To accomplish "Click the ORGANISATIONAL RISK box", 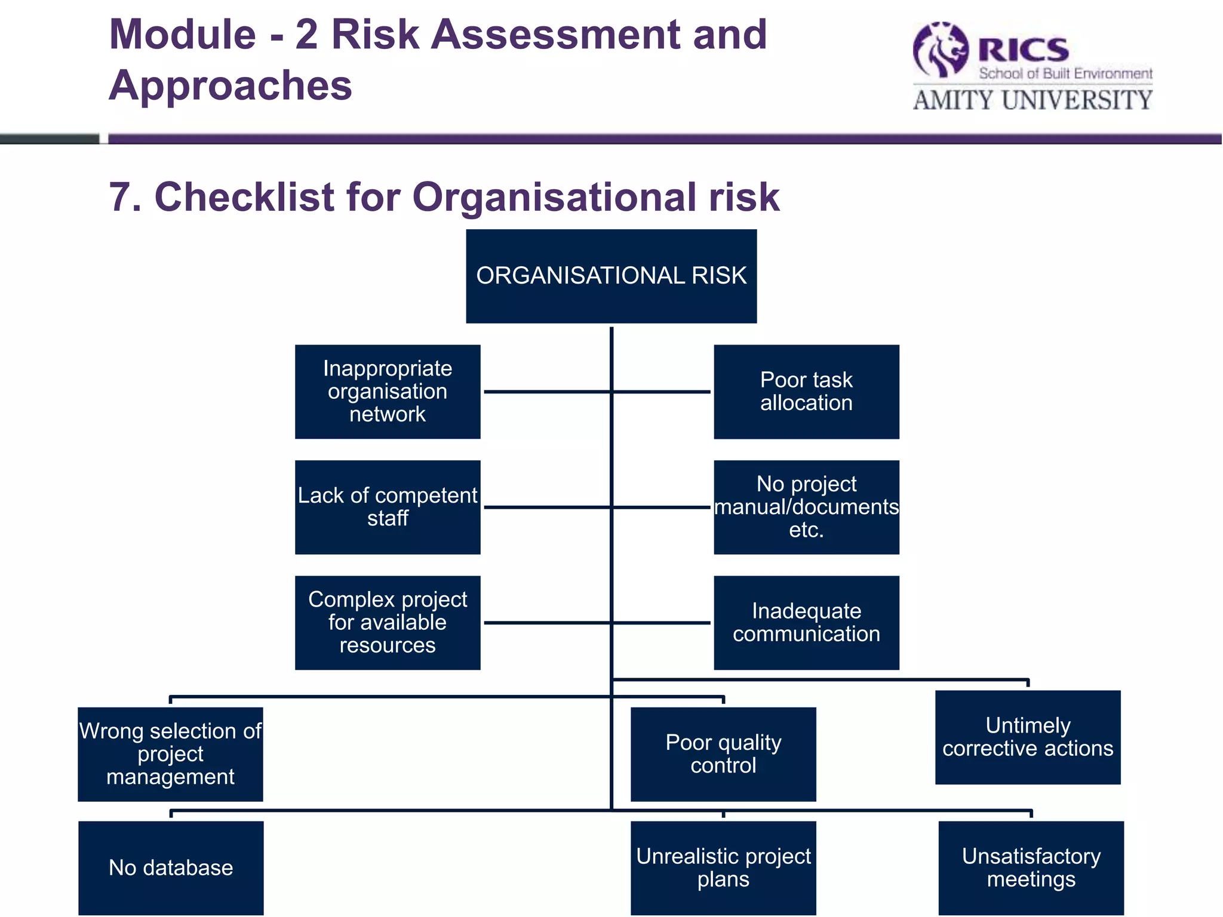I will (x=611, y=276).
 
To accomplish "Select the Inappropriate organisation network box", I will (x=388, y=392).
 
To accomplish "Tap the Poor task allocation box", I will (x=806, y=392).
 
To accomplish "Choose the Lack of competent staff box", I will (x=388, y=507).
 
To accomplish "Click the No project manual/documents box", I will (x=806, y=507).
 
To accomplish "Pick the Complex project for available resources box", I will (x=388, y=623).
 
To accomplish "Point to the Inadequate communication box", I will (x=806, y=623).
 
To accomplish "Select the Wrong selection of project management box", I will (x=170, y=754).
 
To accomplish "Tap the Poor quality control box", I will (x=723, y=754).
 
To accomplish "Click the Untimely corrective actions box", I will (x=1028, y=737).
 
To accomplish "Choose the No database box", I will (x=171, y=868).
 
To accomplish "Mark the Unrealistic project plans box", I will (x=723, y=868).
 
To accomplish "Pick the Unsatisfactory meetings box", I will (x=1031, y=868).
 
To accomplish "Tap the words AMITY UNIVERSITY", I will (x=1033, y=100).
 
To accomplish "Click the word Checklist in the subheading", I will (x=244, y=197).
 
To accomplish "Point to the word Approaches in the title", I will (x=231, y=85).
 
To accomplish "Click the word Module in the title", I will (x=183, y=35).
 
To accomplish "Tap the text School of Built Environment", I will (x=1065, y=74).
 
